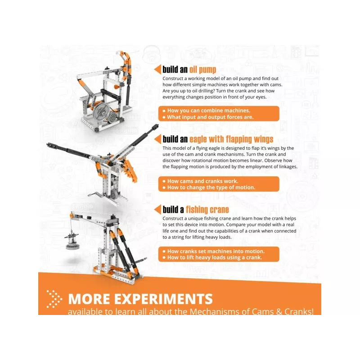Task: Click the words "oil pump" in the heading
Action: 203,70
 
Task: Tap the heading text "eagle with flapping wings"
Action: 231,139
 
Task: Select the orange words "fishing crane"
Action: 207,209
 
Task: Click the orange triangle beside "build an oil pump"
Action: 158,69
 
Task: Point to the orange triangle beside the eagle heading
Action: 158,139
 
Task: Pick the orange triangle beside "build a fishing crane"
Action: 158,209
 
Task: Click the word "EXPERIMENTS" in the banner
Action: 163,299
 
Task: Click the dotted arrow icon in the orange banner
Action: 54,299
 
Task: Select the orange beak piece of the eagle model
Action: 131,171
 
